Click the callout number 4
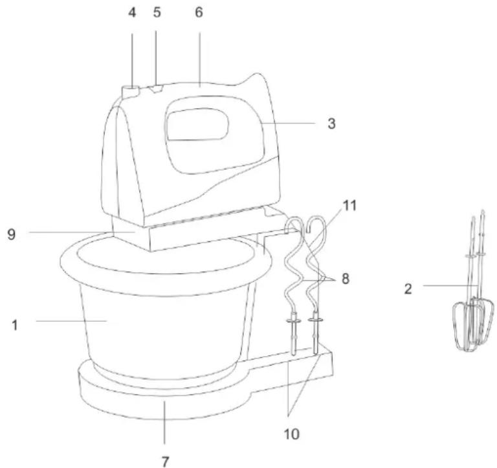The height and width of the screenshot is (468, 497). point(132,13)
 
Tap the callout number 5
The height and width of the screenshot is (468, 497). point(157,12)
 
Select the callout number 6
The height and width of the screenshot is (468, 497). point(199,12)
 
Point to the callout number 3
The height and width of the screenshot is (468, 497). point(331,124)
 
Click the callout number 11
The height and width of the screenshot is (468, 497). point(349,205)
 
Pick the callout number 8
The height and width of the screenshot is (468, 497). point(345,279)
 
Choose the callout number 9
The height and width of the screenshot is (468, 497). point(12,234)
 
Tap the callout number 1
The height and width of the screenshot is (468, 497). point(15,326)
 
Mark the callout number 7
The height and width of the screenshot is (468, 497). point(165,462)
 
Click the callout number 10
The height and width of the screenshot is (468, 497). point(292,434)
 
